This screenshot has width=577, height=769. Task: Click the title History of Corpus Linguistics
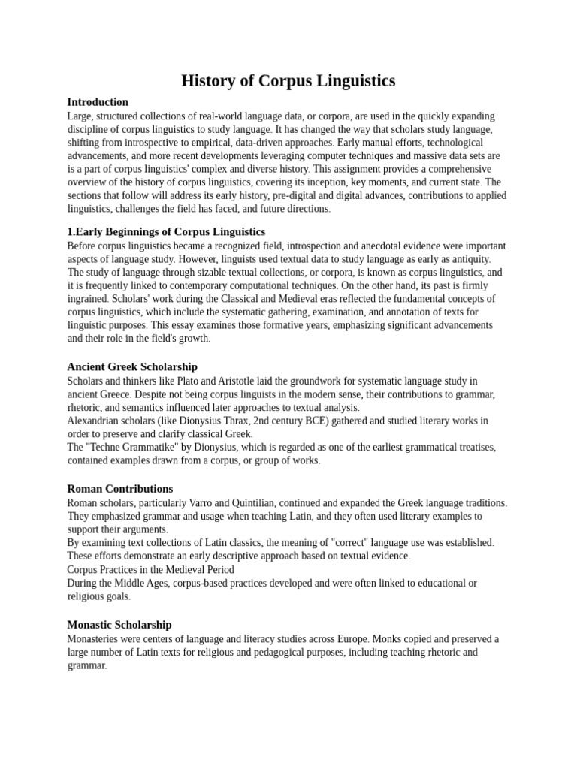[288, 80]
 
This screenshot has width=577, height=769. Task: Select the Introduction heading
[98, 102]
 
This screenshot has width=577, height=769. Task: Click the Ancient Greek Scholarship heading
[132, 367]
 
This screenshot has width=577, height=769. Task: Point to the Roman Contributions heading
[120, 489]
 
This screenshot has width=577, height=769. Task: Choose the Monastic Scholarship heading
[119, 625]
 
